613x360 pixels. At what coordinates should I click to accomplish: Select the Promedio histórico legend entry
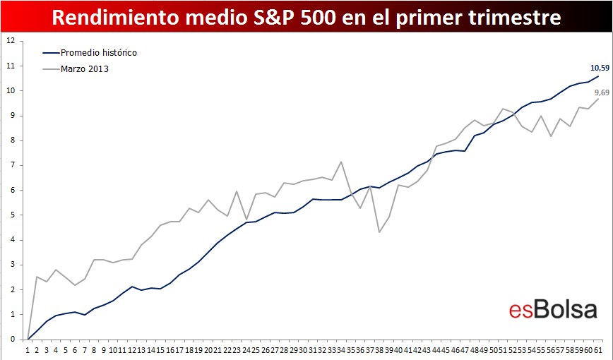(90, 53)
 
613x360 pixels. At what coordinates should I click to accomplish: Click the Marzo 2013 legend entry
(76, 69)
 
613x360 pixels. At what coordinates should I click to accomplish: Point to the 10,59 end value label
(600, 68)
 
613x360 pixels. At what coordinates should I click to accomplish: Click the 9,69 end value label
(602, 92)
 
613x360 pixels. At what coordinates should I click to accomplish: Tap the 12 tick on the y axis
(11, 41)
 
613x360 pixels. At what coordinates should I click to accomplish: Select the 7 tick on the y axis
(13, 165)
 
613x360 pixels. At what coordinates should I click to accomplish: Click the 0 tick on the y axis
(13, 340)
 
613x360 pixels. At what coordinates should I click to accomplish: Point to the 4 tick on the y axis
(13, 240)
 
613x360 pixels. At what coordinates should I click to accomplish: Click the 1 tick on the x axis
(28, 350)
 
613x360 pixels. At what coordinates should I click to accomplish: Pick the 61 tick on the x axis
(597, 350)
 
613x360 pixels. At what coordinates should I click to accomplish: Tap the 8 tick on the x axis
(94, 350)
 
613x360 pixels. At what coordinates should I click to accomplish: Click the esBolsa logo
(553, 310)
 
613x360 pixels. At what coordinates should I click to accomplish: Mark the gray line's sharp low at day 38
(379, 232)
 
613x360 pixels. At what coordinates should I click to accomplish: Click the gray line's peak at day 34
(341, 162)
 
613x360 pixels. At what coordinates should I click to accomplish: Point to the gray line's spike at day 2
(37, 277)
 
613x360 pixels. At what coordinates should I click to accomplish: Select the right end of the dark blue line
(598, 76)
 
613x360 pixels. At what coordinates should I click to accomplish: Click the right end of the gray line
(598, 99)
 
